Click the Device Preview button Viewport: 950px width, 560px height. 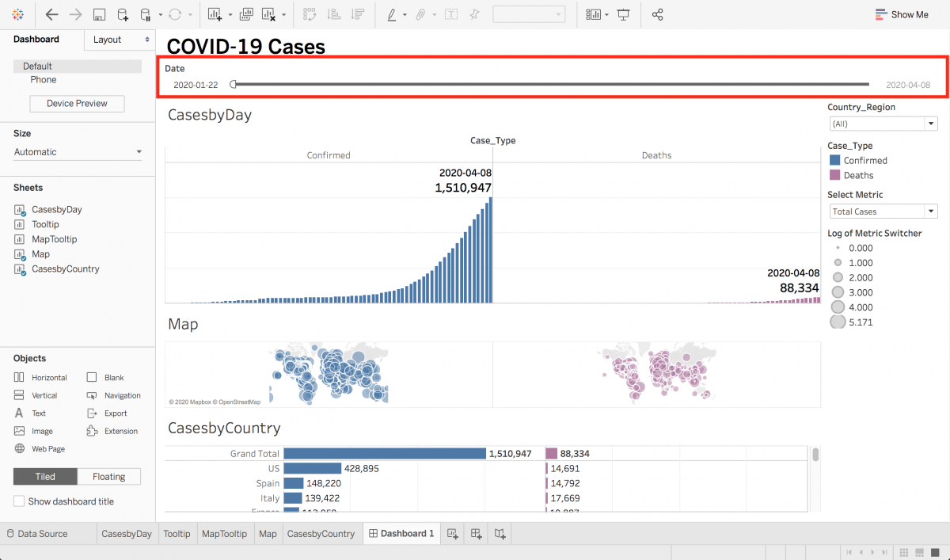coord(78,104)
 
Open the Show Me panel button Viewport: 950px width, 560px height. coord(902,14)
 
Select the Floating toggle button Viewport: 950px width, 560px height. coord(108,476)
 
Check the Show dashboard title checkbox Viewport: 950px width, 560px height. coord(19,501)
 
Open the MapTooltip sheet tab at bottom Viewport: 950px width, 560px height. coord(224,534)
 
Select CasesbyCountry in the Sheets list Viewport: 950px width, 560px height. coord(65,269)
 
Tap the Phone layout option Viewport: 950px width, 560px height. coord(44,80)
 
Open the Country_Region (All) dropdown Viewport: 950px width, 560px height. coord(883,124)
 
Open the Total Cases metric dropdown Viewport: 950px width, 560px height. coord(883,211)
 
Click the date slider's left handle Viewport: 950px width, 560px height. coord(233,84)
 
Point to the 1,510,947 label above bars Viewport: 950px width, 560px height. coord(463,188)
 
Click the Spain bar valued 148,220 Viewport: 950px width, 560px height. coord(294,483)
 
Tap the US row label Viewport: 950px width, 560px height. coord(273,468)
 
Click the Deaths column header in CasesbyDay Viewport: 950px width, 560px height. coord(656,155)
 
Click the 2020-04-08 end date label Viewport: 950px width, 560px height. coord(907,85)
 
